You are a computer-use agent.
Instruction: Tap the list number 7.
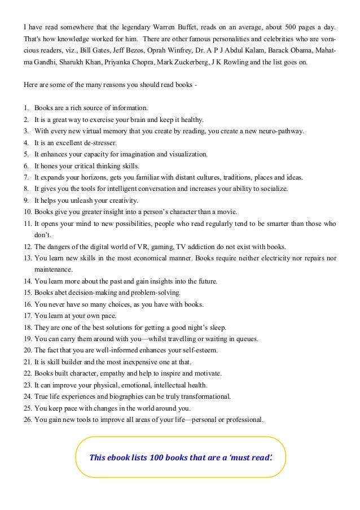point(27,177)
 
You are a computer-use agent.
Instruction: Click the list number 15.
point(28,293)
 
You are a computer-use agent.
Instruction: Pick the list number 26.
point(28,420)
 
